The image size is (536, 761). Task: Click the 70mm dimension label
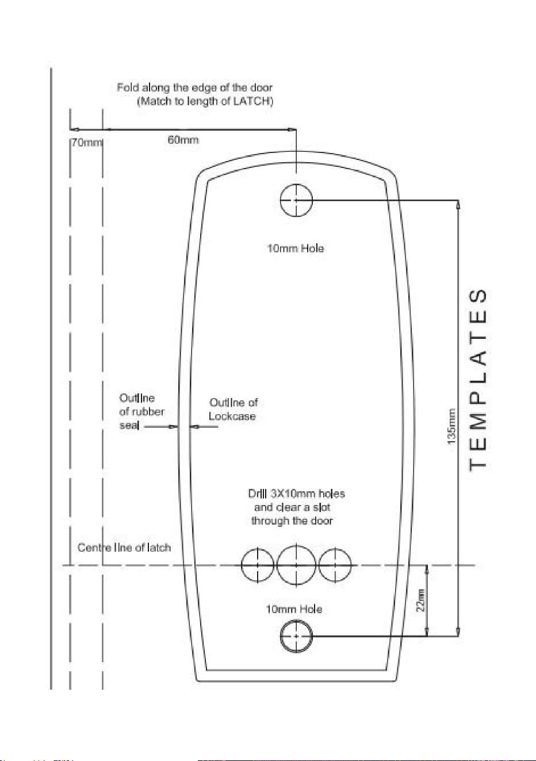86,142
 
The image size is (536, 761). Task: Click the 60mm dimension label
183,140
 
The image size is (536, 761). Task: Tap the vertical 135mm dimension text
451,426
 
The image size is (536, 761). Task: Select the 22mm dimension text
421,601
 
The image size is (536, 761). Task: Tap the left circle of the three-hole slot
242,565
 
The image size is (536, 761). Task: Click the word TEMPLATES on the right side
478,380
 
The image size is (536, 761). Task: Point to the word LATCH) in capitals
253,101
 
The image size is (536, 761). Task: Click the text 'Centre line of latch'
124,548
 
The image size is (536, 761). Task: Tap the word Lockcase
232,416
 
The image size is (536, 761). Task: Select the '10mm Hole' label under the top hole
296,248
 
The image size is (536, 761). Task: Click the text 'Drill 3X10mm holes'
297,494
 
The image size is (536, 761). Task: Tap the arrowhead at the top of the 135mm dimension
458,205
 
